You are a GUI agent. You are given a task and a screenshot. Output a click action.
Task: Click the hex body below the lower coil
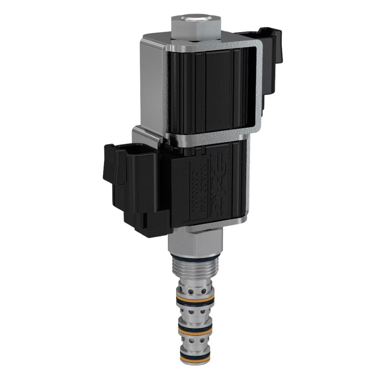point(195,242)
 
